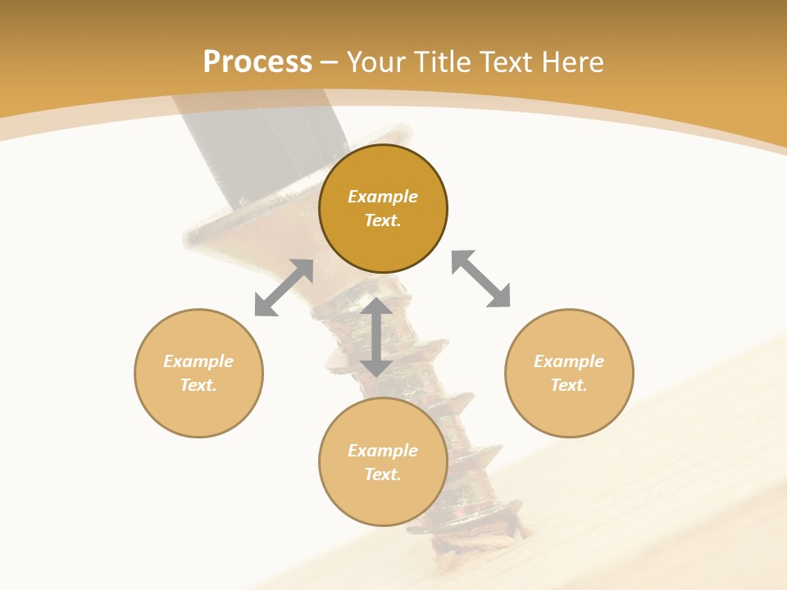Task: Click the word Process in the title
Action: point(257,62)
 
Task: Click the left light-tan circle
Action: point(198,373)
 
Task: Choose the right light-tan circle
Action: point(569,373)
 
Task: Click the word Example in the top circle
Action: point(383,197)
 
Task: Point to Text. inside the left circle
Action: point(198,385)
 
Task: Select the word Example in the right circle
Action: point(569,361)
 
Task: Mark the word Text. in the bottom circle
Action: point(383,474)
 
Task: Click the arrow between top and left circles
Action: point(284,288)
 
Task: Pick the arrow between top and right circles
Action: point(481,279)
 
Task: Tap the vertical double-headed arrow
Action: point(376,337)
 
